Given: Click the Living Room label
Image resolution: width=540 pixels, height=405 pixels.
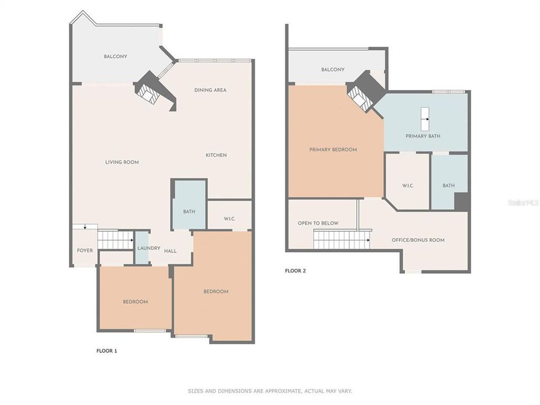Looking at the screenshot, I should click(121, 162).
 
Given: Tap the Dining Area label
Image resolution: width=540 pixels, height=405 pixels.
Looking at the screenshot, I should click(210, 90).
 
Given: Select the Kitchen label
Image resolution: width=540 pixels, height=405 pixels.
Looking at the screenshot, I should click(216, 155).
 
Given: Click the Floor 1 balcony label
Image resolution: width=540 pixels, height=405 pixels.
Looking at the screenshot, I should click(115, 57).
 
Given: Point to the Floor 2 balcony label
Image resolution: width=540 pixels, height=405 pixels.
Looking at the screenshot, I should click(332, 70).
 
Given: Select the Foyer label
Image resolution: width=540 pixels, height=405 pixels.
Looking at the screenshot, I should click(85, 250).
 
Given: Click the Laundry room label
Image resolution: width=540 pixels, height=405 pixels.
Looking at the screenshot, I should click(149, 249).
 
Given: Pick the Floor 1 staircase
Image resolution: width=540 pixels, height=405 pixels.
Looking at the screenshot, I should click(115, 240).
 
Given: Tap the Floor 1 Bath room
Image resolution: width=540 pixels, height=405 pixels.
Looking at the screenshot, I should click(189, 211).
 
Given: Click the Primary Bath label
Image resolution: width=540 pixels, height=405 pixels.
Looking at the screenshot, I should click(423, 136).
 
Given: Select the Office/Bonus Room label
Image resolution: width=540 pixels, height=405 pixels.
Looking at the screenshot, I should click(418, 240).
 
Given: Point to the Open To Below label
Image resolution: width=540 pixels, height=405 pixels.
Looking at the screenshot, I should click(318, 223).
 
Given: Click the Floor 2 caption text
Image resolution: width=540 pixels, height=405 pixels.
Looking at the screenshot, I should click(295, 271).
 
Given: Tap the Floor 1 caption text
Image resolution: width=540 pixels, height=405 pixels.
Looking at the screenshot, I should click(107, 351).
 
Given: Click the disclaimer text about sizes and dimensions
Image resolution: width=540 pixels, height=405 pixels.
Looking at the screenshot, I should click(269, 391).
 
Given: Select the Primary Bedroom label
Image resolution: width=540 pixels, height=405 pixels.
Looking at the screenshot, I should click(333, 150).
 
